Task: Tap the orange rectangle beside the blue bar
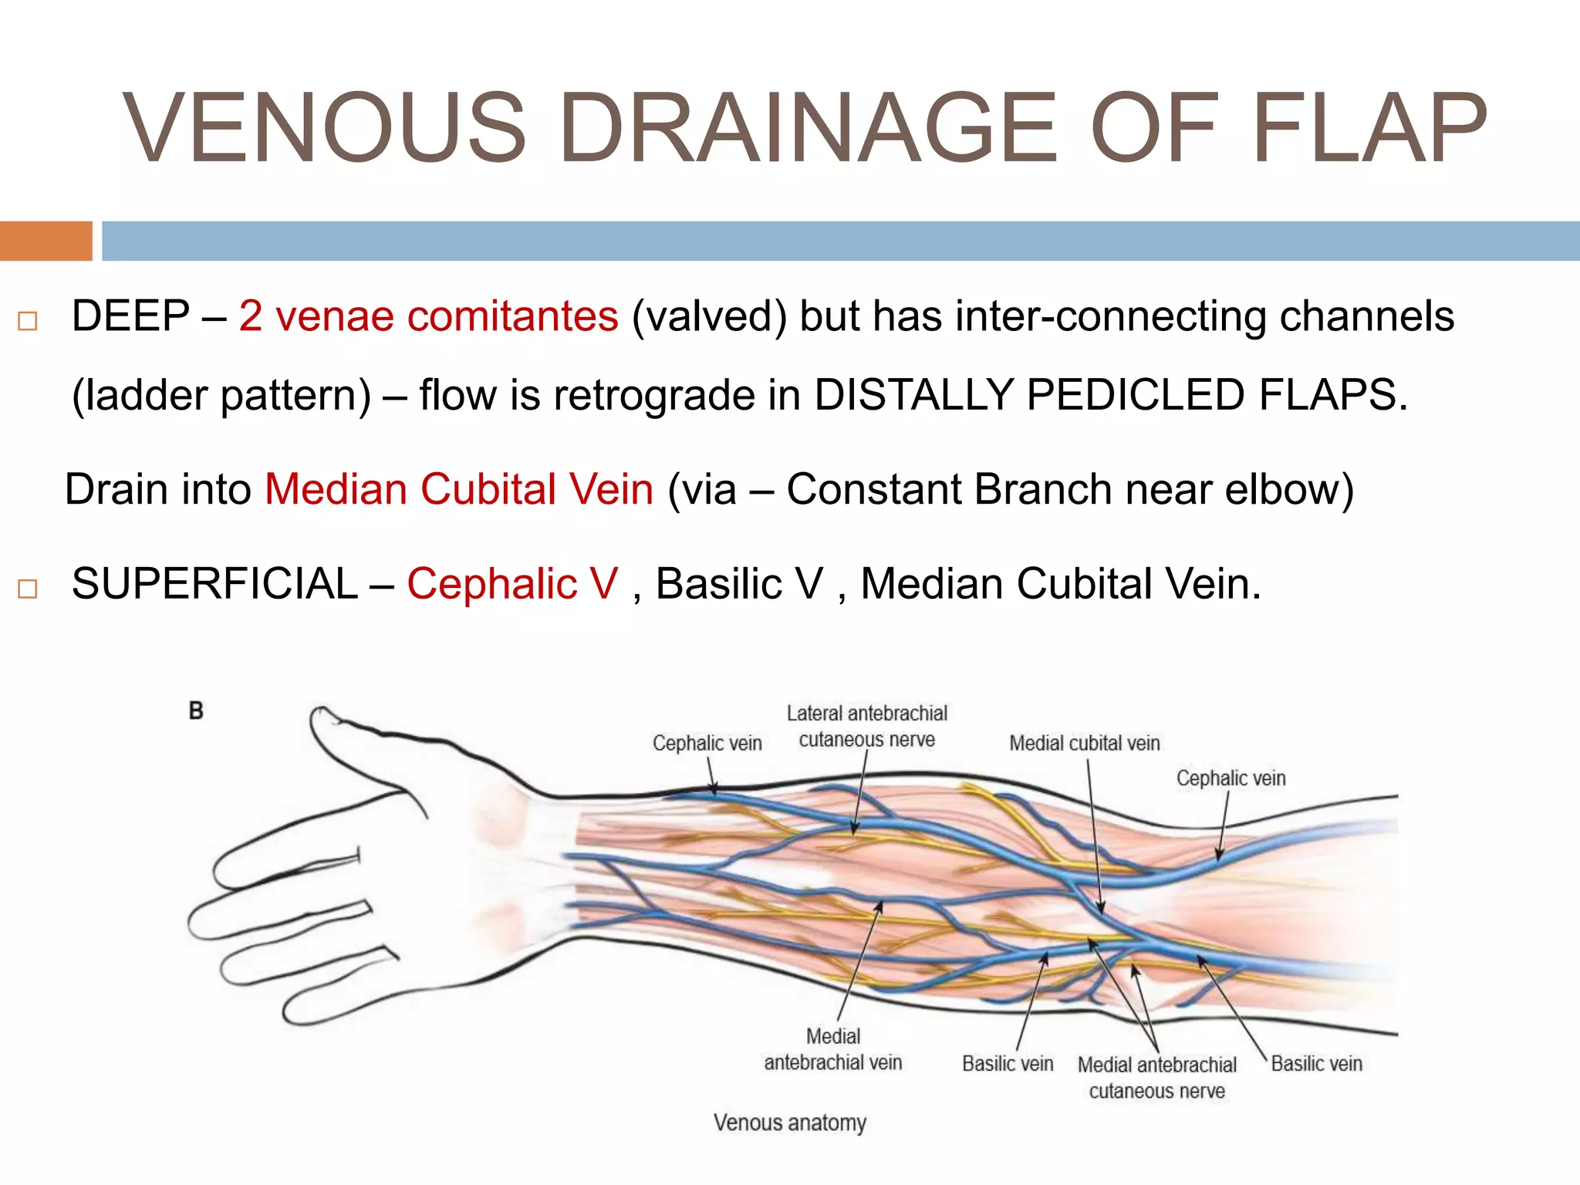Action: (x=46, y=241)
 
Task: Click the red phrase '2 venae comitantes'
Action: (x=428, y=316)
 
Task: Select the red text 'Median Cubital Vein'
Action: (x=459, y=490)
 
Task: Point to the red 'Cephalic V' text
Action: (x=512, y=584)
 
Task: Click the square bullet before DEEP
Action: (x=28, y=321)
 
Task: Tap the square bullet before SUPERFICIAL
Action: (x=28, y=589)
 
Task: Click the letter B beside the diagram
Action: (x=196, y=711)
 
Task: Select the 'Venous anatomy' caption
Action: (x=789, y=1123)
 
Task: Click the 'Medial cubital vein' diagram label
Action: (x=1084, y=744)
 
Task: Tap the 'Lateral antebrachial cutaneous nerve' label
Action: (x=866, y=726)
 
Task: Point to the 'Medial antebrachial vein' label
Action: (x=832, y=1049)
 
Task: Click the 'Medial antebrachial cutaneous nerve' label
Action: (x=1156, y=1078)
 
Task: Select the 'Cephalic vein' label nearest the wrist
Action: (x=707, y=744)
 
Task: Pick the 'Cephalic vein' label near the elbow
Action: (x=1231, y=778)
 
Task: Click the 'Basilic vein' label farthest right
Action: (x=1316, y=1064)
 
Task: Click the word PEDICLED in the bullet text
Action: (x=1135, y=395)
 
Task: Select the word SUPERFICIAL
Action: (x=214, y=584)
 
